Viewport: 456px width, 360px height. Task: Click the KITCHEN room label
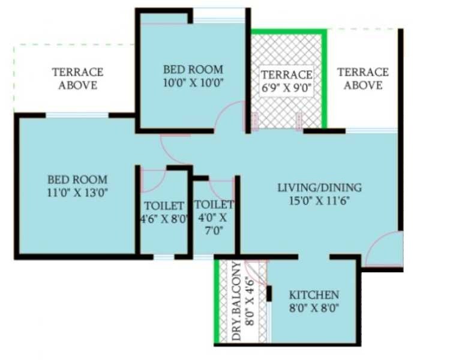click(314, 295)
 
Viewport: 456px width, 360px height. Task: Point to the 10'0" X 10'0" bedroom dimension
click(193, 83)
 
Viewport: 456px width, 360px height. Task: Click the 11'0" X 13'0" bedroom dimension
click(77, 192)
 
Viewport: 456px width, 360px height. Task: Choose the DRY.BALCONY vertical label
click(236, 302)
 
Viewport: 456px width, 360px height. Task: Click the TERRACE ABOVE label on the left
click(77, 79)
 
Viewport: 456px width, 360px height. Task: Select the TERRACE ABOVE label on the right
click(362, 79)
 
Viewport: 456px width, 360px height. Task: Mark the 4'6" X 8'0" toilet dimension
click(163, 218)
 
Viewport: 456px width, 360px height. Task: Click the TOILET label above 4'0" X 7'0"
click(214, 205)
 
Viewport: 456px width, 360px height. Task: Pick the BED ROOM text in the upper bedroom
click(193, 70)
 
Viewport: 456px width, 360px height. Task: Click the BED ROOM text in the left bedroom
click(77, 179)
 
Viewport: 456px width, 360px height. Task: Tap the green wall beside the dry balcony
click(216, 300)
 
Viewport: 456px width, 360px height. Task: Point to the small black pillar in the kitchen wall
click(269, 293)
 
